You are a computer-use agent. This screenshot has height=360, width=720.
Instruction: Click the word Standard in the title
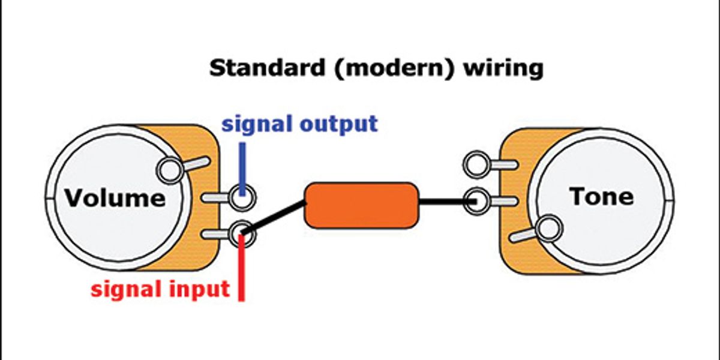coord(267,68)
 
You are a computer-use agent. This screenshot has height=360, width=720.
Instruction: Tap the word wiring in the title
coord(503,68)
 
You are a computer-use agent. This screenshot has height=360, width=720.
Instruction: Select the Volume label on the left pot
coord(115,197)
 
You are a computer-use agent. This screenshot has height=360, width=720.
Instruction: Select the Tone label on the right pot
coord(602,196)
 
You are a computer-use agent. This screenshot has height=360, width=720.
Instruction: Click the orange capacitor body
coord(362,206)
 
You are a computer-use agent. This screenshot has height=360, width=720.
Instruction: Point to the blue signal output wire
coord(242,169)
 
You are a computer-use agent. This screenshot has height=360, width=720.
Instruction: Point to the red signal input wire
coord(241,268)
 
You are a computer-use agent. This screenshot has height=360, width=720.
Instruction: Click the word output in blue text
coord(339,124)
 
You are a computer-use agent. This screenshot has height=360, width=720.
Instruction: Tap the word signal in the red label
coord(127,289)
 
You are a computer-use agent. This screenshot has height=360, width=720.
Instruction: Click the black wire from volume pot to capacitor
coord(273,217)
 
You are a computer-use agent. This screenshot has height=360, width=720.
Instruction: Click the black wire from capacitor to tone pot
coord(448,202)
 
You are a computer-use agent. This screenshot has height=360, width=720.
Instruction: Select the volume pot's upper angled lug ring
coord(170,170)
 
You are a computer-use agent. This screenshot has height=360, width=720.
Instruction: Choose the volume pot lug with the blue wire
coord(242,197)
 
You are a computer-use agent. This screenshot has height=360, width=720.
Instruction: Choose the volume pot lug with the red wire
coord(242,233)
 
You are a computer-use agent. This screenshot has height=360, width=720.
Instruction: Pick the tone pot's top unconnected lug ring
coord(476,164)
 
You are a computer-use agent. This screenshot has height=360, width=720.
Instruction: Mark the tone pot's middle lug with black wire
coord(476,202)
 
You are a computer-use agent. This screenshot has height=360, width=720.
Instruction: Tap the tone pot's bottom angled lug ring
coord(550,228)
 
